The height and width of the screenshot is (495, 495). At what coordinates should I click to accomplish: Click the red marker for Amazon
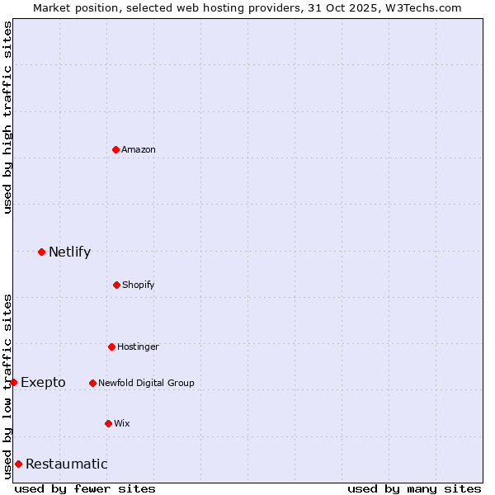(x=116, y=149)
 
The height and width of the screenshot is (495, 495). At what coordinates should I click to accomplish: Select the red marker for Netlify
(x=42, y=252)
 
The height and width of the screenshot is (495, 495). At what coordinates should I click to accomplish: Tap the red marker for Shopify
(x=116, y=285)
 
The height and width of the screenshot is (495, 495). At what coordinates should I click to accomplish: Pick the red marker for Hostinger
(x=111, y=346)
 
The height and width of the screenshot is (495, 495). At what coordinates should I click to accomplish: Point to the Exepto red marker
(x=13, y=382)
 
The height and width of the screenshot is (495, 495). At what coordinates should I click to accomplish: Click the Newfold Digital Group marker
(x=92, y=383)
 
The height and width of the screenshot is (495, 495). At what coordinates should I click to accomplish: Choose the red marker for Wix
(x=108, y=423)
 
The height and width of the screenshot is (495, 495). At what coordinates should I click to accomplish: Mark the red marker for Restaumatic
(x=18, y=464)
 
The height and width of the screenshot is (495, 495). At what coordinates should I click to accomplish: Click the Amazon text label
(x=139, y=149)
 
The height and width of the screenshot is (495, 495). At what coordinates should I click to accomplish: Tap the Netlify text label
(x=69, y=252)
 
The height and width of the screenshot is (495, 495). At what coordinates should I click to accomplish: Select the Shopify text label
(x=139, y=285)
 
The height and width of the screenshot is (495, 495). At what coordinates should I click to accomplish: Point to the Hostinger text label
(x=138, y=346)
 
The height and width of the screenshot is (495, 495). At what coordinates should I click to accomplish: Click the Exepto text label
(x=43, y=382)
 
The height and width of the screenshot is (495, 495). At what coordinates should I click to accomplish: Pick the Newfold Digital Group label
(x=146, y=383)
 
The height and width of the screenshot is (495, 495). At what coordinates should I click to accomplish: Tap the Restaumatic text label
(x=66, y=464)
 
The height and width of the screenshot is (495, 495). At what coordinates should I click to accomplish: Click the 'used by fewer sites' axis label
(x=85, y=488)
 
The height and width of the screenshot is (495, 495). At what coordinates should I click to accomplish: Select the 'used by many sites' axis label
(x=414, y=488)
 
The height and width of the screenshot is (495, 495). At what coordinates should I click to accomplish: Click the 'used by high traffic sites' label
(x=7, y=117)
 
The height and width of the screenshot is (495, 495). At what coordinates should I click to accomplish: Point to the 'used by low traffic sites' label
(x=7, y=385)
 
